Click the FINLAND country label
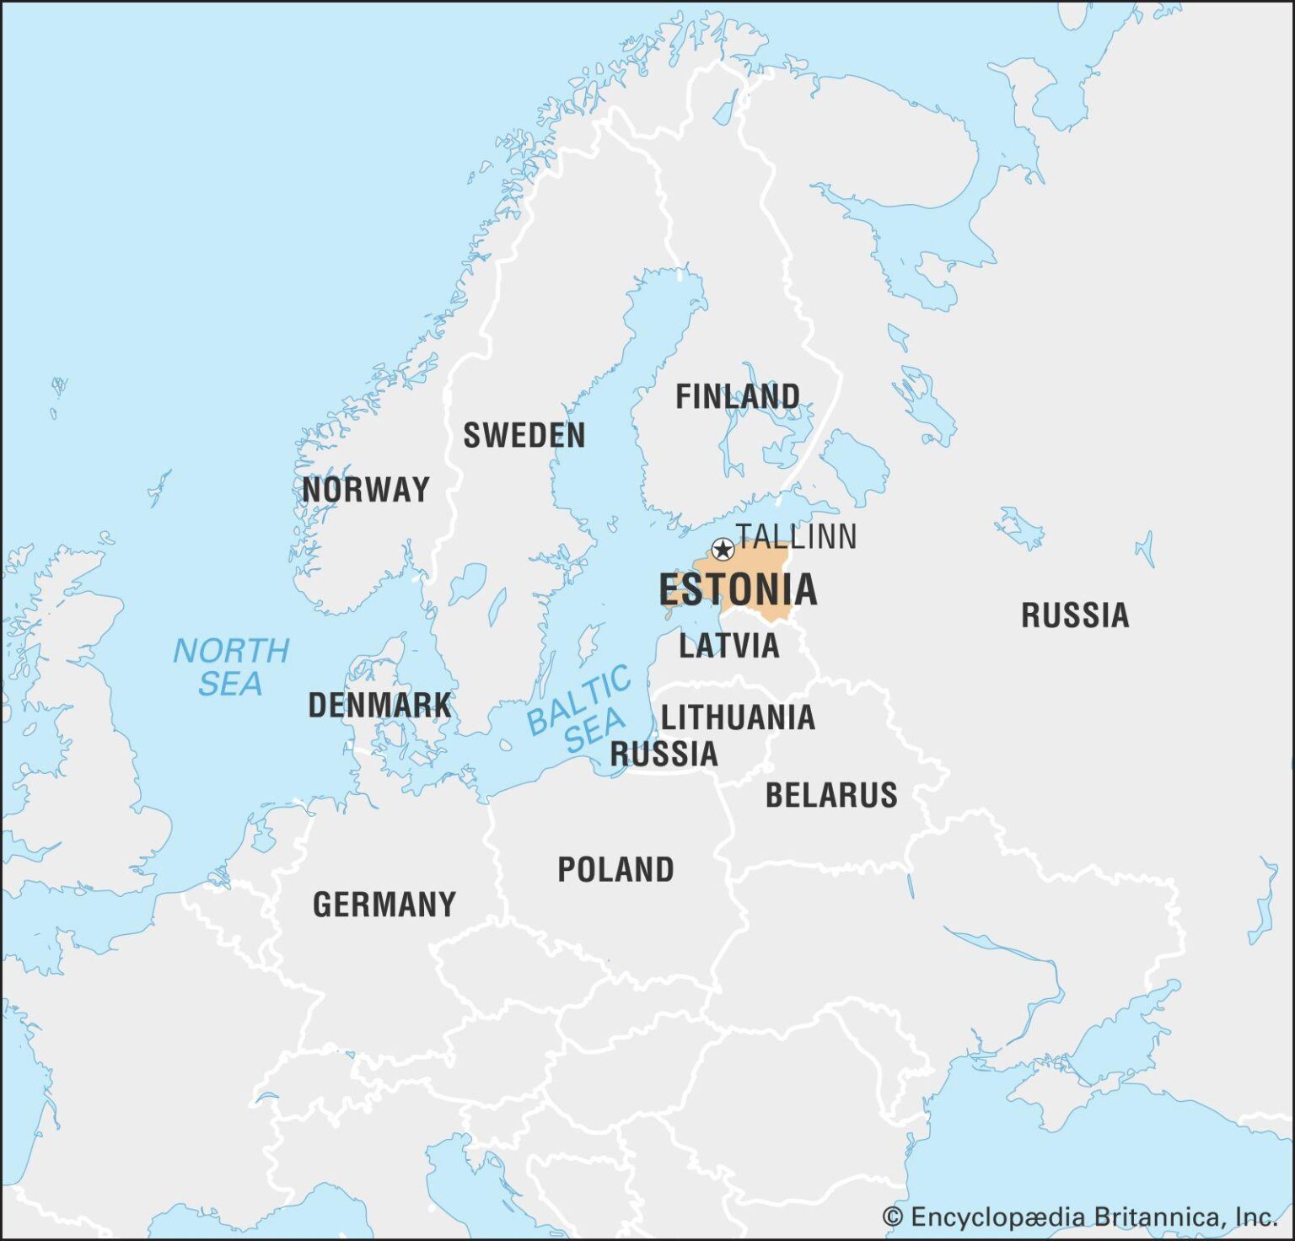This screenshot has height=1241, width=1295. [738, 396]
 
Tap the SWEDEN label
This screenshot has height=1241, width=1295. [524, 435]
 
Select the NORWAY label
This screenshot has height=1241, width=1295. [366, 489]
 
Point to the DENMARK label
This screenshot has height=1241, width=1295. [379, 705]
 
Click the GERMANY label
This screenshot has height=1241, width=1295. [384, 905]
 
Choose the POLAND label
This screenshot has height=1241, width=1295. [615, 869]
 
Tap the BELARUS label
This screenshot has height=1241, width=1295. [831, 795]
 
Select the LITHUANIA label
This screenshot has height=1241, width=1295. [738, 717]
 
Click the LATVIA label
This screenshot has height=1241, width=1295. [729, 646]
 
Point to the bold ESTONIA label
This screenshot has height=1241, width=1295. [738, 589]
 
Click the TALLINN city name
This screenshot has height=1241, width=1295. [796, 536]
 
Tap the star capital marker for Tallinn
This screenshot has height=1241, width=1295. [723, 550]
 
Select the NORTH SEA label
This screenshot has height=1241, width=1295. [230, 667]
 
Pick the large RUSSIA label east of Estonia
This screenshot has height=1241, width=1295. [1075, 615]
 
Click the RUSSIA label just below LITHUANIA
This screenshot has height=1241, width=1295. [664, 754]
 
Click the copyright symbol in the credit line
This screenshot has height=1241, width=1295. [892, 1217]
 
